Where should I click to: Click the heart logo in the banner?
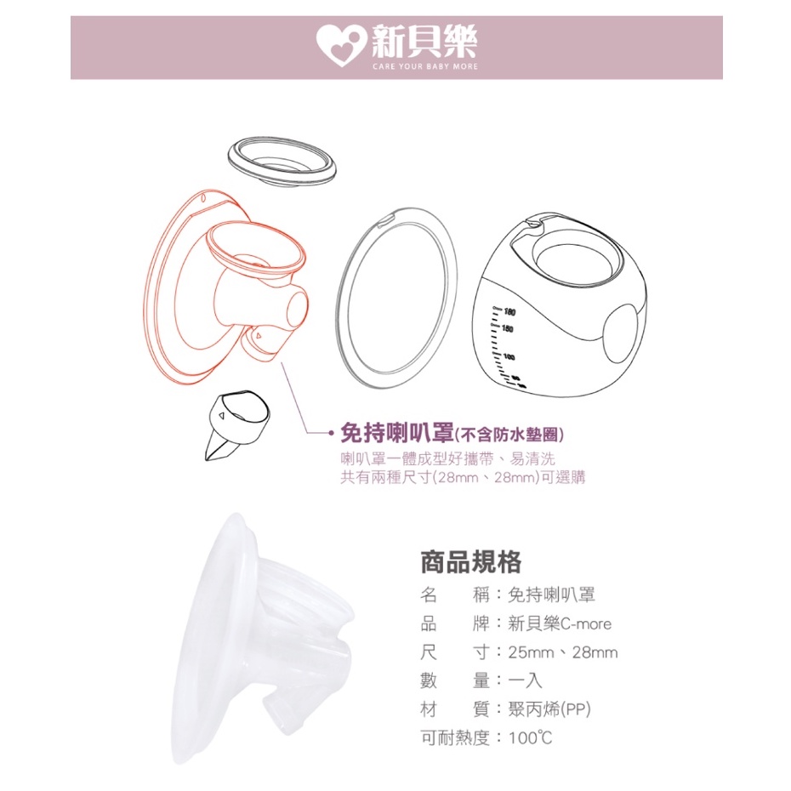click(341, 46)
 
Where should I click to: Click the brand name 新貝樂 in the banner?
click(424, 41)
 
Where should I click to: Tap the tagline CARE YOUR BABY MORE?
click(424, 66)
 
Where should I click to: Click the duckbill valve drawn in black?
click(236, 424)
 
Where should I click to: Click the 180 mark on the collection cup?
click(508, 312)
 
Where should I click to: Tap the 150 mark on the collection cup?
click(507, 329)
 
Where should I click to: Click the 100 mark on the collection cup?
click(509, 357)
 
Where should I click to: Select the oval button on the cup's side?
click(624, 333)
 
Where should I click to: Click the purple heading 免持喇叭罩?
click(397, 433)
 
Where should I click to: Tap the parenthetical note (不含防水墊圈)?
click(509, 435)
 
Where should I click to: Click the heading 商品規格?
click(470, 562)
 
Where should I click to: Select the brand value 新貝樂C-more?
click(560, 623)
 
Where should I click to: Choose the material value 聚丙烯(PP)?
click(549, 710)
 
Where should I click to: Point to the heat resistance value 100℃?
click(530, 738)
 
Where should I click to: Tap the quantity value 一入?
click(525, 681)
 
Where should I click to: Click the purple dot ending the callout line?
click(331, 433)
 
